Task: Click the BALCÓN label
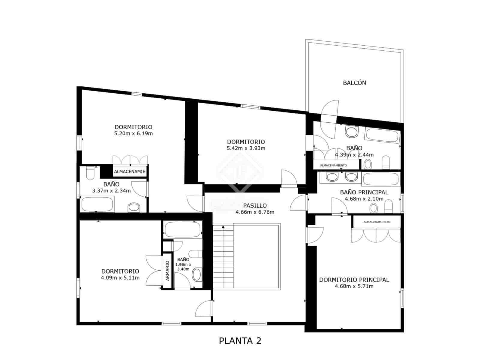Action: click(354, 83)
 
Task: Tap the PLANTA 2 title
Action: click(240, 341)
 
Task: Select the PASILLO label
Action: click(255, 205)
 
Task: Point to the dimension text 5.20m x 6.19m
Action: click(133, 133)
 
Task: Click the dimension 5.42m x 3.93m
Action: click(246, 148)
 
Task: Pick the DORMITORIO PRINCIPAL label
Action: click(354, 280)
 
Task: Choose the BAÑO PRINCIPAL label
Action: click(364, 192)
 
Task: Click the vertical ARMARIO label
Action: click(167, 271)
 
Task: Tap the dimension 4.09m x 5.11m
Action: click(120, 278)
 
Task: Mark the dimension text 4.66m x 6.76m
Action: click(255, 212)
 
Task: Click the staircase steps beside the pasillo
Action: click(223, 256)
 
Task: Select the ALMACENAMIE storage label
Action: click(130, 172)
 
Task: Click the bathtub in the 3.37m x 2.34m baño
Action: click(97, 204)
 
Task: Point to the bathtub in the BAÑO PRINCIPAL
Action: click(381, 179)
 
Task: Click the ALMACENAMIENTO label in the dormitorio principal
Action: click(377, 222)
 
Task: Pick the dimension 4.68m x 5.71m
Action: click(354, 286)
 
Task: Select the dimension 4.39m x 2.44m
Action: click(354, 155)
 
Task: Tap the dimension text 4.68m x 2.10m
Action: click(364, 199)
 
